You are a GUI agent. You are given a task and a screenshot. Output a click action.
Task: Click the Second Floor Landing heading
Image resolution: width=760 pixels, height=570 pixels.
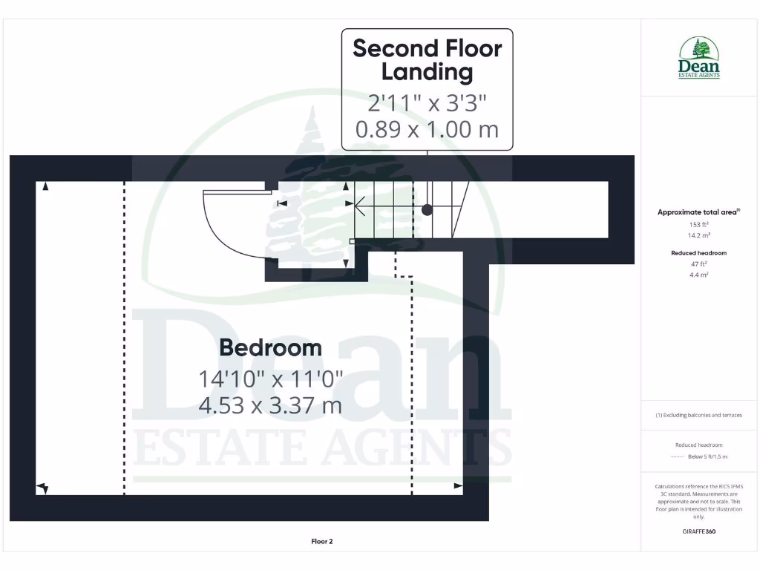click(x=427, y=60)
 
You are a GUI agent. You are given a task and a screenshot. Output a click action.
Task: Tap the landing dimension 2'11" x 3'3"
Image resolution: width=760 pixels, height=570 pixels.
click(x=427, y=102)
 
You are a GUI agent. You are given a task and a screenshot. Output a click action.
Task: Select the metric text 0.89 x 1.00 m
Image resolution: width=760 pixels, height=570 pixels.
click(x=427, y=129)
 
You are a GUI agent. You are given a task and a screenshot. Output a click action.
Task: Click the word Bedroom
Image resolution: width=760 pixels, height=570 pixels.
click(x=270, y=347)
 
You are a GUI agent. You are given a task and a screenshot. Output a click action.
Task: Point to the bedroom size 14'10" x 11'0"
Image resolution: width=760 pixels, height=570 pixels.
click(x=270, y=379)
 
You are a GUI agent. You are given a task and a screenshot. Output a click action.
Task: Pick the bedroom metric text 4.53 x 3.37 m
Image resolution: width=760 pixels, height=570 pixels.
click(x=270, y=405)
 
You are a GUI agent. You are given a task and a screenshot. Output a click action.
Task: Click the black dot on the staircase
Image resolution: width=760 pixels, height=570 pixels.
click(x=427, y=210)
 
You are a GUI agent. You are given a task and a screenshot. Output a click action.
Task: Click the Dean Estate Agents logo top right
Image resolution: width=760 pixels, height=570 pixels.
click(x=699, y=58)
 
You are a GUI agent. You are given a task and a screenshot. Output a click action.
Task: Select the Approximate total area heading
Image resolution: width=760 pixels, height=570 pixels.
click(x=698, y=212)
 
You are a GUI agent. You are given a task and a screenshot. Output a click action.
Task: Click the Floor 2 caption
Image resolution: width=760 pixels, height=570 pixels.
click(x=322, y=541)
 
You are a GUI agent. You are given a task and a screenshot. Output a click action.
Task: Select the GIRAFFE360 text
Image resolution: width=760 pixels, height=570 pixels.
click(x=698, y=531)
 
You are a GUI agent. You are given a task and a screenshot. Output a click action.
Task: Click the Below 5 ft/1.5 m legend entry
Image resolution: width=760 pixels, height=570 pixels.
click(x=707, y=456)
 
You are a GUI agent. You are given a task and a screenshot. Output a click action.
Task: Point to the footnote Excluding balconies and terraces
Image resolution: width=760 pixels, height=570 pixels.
click(x=698, y=415)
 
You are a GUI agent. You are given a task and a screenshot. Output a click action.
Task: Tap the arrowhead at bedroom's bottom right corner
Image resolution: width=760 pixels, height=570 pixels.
click(x=458, y=486)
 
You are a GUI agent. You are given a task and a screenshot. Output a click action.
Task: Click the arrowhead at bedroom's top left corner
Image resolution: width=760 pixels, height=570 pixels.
click(x=46, y=186)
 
